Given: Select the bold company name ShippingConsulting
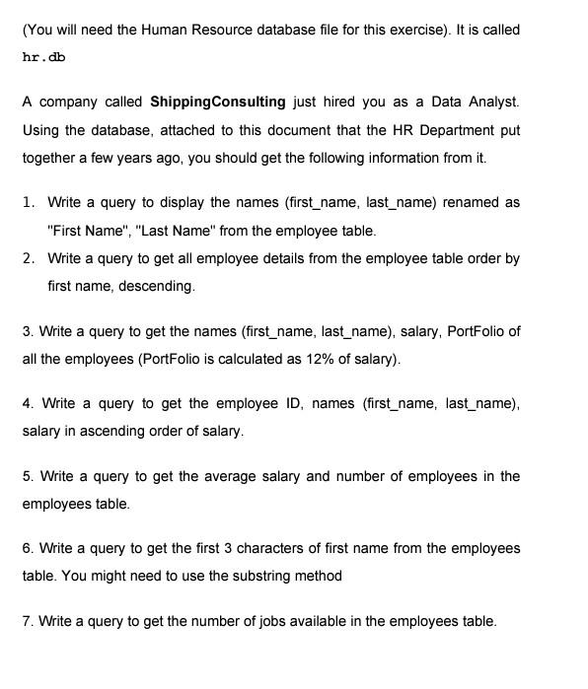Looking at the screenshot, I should coord(217,102).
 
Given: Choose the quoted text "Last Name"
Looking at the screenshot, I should coord(174,231).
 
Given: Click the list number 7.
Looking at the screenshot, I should coord(27,621).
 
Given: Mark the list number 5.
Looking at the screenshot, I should coord(27,476).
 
